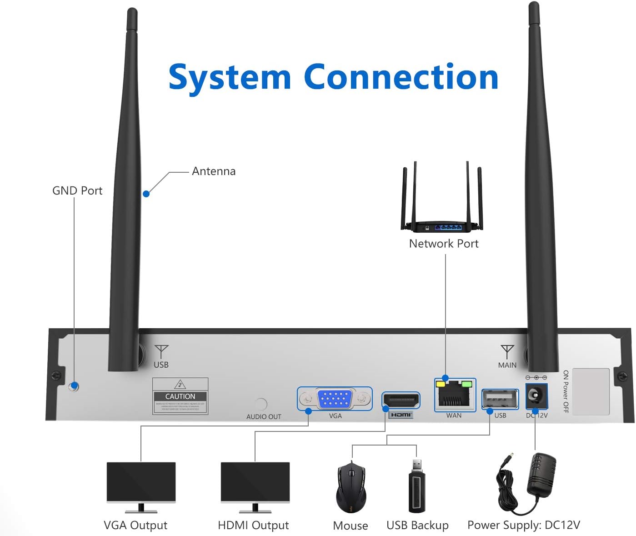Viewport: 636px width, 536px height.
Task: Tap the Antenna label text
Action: click(214, 171)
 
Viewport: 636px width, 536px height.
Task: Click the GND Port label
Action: click(77, 190)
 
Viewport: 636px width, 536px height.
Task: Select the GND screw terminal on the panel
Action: click(74, 386)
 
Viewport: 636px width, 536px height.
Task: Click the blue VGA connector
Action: click(335, 399)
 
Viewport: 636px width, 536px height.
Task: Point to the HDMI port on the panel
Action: click(401, 401)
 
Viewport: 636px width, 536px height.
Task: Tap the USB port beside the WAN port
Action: click(500, 400)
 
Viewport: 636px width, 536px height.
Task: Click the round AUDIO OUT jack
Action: click(261, 403)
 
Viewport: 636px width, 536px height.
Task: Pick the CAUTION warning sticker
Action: click(180, 396)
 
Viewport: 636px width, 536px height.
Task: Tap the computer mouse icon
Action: click(351, 488)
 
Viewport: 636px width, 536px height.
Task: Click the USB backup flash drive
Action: click(417, 487)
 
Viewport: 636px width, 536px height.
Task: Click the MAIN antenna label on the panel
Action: click(507, 365)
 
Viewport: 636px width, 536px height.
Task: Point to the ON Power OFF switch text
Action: click(566, 391)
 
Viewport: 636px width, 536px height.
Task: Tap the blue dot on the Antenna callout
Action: click(146, 194)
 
